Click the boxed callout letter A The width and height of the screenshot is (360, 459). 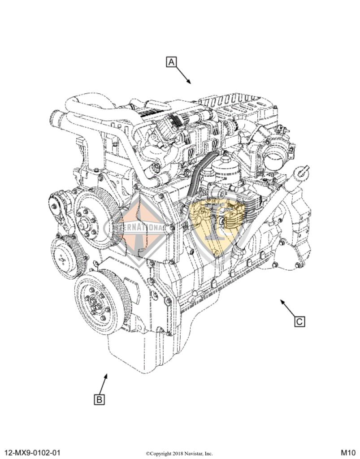(x=171, y=62)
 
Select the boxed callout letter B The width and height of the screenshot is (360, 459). (x=100, y=399)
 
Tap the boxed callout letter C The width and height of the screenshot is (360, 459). (x=300, y=321)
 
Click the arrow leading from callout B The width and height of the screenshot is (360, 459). (x=104, y=384)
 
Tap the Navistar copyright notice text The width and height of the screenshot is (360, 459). (x=179, y=453)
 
